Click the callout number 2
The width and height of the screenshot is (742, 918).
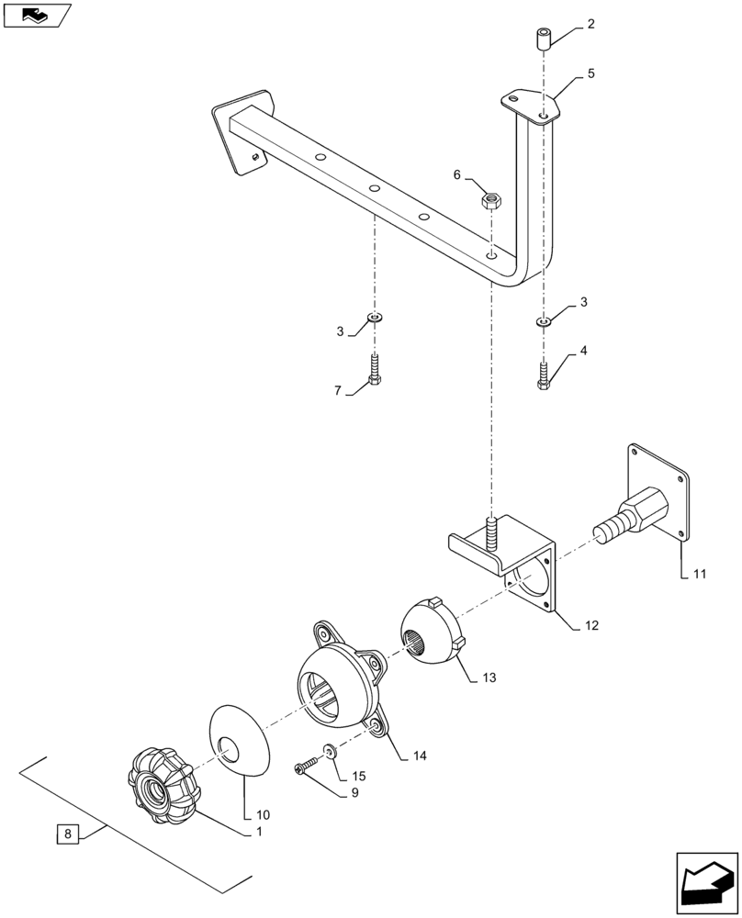[x=590, y=25]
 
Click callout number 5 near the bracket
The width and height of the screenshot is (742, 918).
[x=590, y=73]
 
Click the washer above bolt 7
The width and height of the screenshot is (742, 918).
[x=375, y=318]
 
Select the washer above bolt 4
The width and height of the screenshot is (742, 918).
[x=543, y=321]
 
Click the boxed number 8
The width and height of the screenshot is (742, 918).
[x=67, y=834]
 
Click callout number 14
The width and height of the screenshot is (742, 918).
[x=420, y=756]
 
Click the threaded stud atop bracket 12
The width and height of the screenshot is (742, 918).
[x=491, y=532]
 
